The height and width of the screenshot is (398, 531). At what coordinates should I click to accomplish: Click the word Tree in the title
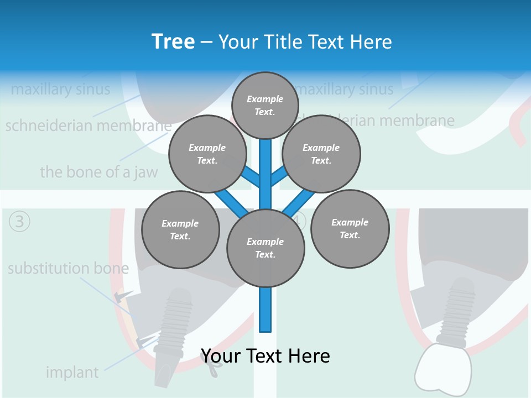pyautogui.click(x=173, y=41)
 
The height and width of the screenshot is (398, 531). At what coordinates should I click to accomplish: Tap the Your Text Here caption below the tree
pyautogui.click(x=265, y=355)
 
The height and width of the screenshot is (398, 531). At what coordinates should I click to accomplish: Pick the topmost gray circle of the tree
pyautogui.click(x=265, y=105)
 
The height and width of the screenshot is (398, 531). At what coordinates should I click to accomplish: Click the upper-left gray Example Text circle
pyautogui.click(x=207, y=154)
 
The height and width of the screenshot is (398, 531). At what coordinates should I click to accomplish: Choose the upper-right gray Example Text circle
pyautogui.click(x=321, y=154)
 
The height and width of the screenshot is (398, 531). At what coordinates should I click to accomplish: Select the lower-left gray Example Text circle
pyautogui.click(x=180, y=229)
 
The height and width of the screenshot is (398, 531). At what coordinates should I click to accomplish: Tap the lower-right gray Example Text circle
pyautogui.click(x=350, y=229)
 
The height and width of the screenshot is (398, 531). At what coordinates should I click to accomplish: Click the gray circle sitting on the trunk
pyautogui.click(x=265, y=248)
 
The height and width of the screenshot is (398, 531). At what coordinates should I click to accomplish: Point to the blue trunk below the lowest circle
pyautogui.click(x=265, y=310)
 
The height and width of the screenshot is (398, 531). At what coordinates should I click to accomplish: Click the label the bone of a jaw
pyautogui.click(x=98, y=172)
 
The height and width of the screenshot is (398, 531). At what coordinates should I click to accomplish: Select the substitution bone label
pyautogui.click(x=68, y=269)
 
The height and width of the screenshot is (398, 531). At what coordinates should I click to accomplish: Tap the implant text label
pyautogui.click(x=72, y=372)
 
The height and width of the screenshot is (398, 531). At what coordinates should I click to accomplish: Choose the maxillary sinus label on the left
pyautogui.click(x=60, y=89)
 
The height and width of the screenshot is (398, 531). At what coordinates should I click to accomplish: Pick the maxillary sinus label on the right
pyautogui.click(x=345, y=89)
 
